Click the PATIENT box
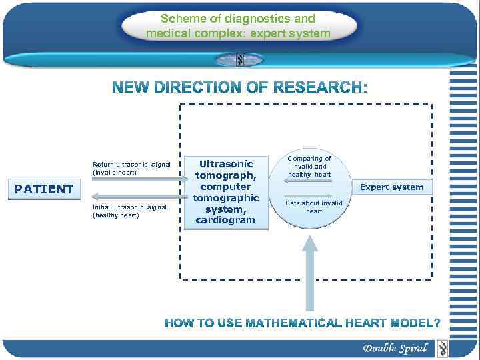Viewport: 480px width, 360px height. [x=43, y=189]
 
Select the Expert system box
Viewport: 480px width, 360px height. [x=391, y=187]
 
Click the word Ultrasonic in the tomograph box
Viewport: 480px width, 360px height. [x=227, y=163]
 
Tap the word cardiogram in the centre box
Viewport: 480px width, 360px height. [x=225, y=220]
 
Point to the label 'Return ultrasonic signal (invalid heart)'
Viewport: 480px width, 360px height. [x=131, y=168]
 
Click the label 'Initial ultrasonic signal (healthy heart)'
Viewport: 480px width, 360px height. [x=129, y=211]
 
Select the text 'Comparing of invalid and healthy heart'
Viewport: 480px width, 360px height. [x=309, y=167]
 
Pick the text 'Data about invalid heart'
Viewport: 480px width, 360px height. [x=313, y=207]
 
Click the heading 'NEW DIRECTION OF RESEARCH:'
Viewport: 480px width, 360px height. [x=239, y=87]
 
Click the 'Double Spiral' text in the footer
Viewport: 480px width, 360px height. [x=395, y=348]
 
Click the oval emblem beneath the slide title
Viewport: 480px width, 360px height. [x=239, y=59]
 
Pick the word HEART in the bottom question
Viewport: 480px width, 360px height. [x=375, y=323]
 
